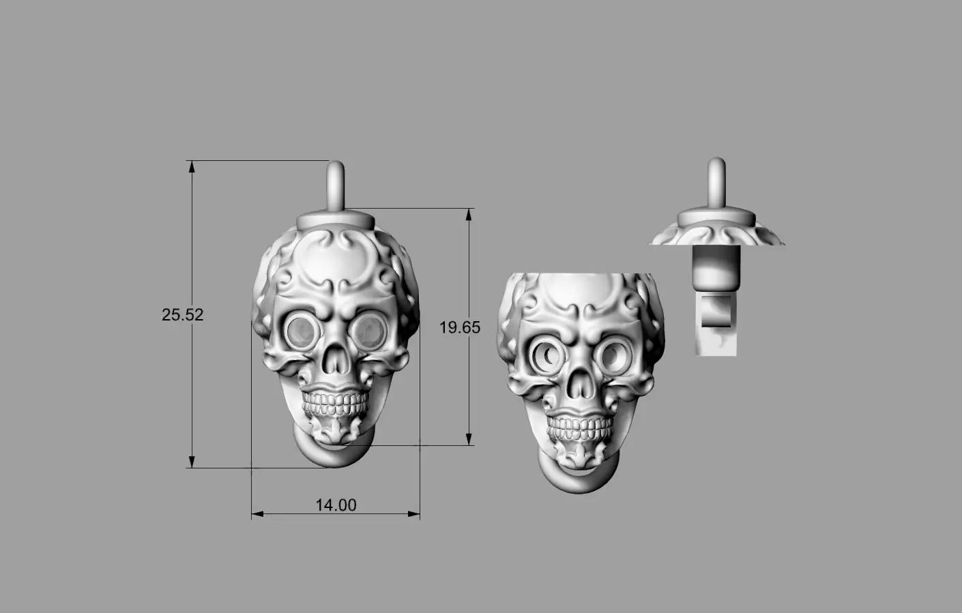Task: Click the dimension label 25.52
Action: pos(183,315)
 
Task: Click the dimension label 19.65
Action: pos(460,328)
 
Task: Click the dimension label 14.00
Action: pos(336,505)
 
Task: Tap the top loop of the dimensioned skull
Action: pos(336,185)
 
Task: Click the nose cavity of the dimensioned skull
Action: pos(336,359)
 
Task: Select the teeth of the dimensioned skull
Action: pos(336,404)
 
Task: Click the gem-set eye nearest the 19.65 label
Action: pos(369,331)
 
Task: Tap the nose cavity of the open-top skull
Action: pos(580,384)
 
